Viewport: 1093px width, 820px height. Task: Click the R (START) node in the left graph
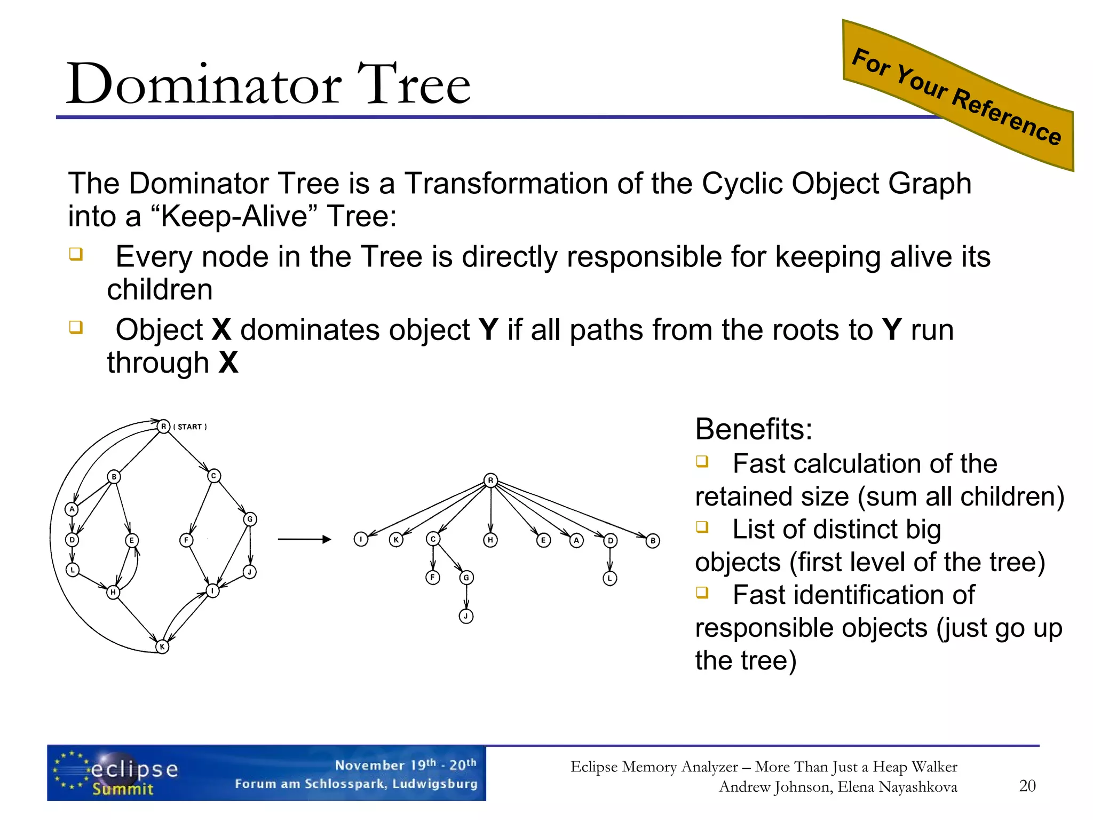click(163, 427)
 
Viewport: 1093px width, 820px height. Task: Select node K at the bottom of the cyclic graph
click(162, 646)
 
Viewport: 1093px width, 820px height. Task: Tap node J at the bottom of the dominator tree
click(466, 616)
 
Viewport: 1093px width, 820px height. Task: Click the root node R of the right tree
click(490, 480)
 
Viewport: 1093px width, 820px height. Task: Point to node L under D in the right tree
click(610, 578)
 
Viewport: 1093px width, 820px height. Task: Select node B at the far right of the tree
click(653, 541)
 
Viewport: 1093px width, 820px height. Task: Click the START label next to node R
click(190, 427)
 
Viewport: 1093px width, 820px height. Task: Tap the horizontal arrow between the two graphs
click(304, 539)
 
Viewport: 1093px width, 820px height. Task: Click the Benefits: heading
click(754, 429)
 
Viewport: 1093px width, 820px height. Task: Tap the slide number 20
click(1027, 786)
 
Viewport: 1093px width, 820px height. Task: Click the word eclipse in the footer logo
click(134, 769)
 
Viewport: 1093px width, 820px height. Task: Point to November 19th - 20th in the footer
click(406, 765)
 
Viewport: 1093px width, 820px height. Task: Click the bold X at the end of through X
click(228, 363)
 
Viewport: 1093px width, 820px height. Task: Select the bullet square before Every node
click(76, 254)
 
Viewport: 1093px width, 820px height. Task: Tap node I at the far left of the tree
click(361, 539)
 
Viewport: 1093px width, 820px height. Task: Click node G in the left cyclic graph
click(250, 519)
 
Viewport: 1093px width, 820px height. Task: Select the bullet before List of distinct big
click(702, 527)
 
